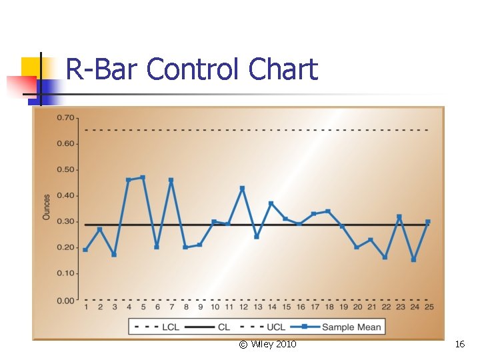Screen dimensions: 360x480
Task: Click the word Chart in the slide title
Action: pyautogui.click(x=283, y=69)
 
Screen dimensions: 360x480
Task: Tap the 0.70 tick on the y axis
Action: pyautogui.click(x=65, y=118)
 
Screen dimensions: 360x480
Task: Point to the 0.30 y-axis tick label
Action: pyautogui.click(x=65, y=222)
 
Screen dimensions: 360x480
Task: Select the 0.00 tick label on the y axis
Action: pyautogui.click(x=65, y=301)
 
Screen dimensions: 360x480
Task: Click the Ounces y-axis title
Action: pyautogui.click(x=47, y=207)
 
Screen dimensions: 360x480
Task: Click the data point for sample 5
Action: pyautogui.click(x=143, y=177)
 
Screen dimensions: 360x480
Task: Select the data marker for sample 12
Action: pyautogui.click(x=242, y=188)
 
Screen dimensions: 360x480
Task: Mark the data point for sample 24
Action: pyautogui.click(x=413, y=259)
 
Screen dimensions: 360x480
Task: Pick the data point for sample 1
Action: pyautogui.click(x=85, y=249)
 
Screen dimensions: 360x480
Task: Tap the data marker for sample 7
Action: pyautogui.click(x=171, y=180)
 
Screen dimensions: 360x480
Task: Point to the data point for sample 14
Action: pyautogui.click(x=271, y=203)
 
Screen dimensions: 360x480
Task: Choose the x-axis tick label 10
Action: pyautogui.click(x=214, y=307)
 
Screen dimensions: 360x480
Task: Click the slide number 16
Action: pyautogui.click(x=459, y=344)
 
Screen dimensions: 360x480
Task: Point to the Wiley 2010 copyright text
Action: pyautogui.click(x=268, y=344)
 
